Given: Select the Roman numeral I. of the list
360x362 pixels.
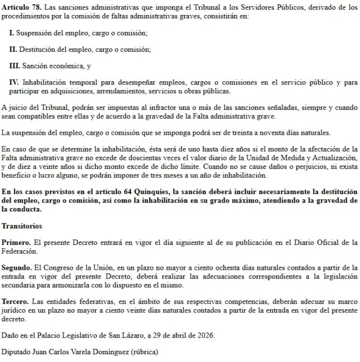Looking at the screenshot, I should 12,33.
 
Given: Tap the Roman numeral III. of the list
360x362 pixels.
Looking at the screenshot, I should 14,66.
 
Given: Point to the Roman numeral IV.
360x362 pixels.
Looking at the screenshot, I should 14,82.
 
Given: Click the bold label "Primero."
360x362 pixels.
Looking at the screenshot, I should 16,242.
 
